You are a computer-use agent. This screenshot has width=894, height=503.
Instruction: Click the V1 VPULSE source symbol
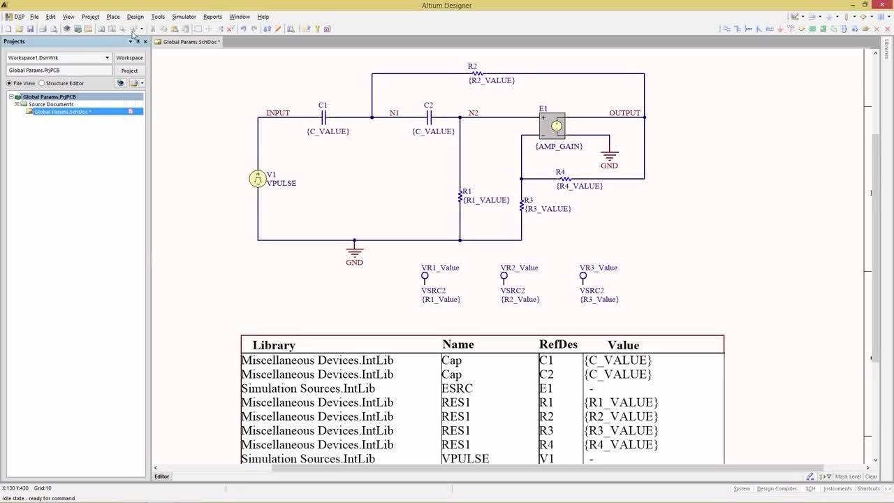pos(258,179)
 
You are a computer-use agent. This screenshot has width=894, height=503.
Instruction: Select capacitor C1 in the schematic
pos(323,117)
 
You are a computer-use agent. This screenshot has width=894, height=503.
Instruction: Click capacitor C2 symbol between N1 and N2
pos(429,117)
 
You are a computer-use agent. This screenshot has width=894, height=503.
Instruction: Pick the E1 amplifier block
pos(552,126)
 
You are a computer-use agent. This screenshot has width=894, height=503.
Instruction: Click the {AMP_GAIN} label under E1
pos(559,147)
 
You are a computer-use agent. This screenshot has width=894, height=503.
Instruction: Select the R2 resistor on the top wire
pos(476,73)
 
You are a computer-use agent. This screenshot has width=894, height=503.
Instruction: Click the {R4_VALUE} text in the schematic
pos(579,187)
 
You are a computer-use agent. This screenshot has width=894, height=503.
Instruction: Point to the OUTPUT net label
pos(624,113)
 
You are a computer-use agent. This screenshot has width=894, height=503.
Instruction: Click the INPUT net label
pos(277,113)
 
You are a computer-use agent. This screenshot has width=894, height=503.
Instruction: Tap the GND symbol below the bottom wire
pos(354,251)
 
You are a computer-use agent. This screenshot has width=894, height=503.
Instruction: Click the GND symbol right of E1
pos(609,157)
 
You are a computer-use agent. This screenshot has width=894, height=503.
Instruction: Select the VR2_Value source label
pos(519,268)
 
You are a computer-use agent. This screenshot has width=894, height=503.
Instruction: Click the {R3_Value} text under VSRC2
pos(599,300)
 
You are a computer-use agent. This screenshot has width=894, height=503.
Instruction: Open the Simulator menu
pos(184,17)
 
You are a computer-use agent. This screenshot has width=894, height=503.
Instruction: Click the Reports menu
pos(212,17)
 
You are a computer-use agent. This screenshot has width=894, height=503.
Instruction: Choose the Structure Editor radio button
pos(42,83)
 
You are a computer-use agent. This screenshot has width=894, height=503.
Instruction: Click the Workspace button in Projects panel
pos(129,58)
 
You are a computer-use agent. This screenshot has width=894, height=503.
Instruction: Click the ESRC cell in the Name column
pos(457,388)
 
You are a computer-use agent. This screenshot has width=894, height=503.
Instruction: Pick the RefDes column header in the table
pos(558,344)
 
